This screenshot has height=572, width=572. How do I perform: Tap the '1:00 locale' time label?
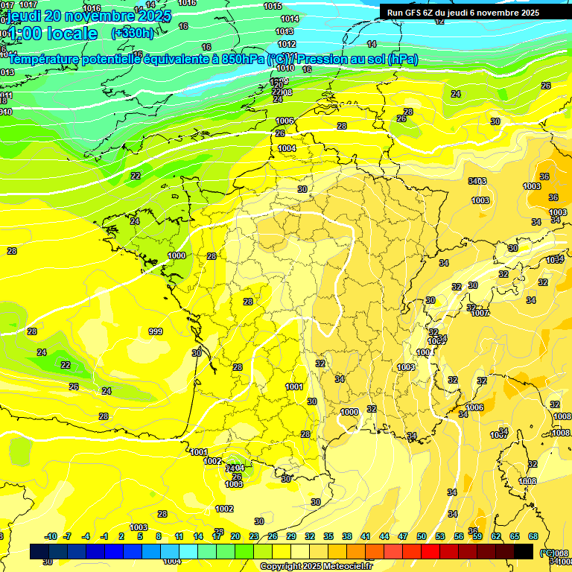pyautogui.click(x=52, y=34)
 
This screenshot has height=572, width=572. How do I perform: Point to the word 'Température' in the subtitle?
pyautogui.click(x=49, y=59)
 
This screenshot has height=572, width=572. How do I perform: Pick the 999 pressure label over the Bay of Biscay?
pyautogui.click(x=156, y=331)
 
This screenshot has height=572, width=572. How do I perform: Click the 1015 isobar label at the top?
pyautogui.click(x=273, y=6)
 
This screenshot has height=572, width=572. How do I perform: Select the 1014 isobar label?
pyautogui.click(x=290, y=19)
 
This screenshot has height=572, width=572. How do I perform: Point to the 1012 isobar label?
pyautogui.click(x=285, y=44)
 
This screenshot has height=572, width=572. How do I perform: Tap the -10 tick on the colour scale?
pyautogui.click(x=51, y=536)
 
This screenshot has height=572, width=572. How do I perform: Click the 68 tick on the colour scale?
pyautogui.click(x=533, y=536)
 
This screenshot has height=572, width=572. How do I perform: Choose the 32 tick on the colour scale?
pyautogui.click(x=310, y=536)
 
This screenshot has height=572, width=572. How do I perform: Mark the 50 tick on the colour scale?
pyautogui.click(x=422, y=536)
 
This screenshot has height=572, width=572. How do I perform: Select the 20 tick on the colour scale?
pyautogui.click(x=235, y=536)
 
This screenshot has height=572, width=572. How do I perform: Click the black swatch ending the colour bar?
pyautogui.click(x=524, y=551)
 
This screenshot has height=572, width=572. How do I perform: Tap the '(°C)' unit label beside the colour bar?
pyautogui.click(x=547, y=552)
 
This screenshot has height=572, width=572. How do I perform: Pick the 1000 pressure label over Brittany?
pyautogui.click(x=177, y=255)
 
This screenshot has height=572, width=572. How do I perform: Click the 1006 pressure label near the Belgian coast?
pyautogui.click(x=285, y=121)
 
